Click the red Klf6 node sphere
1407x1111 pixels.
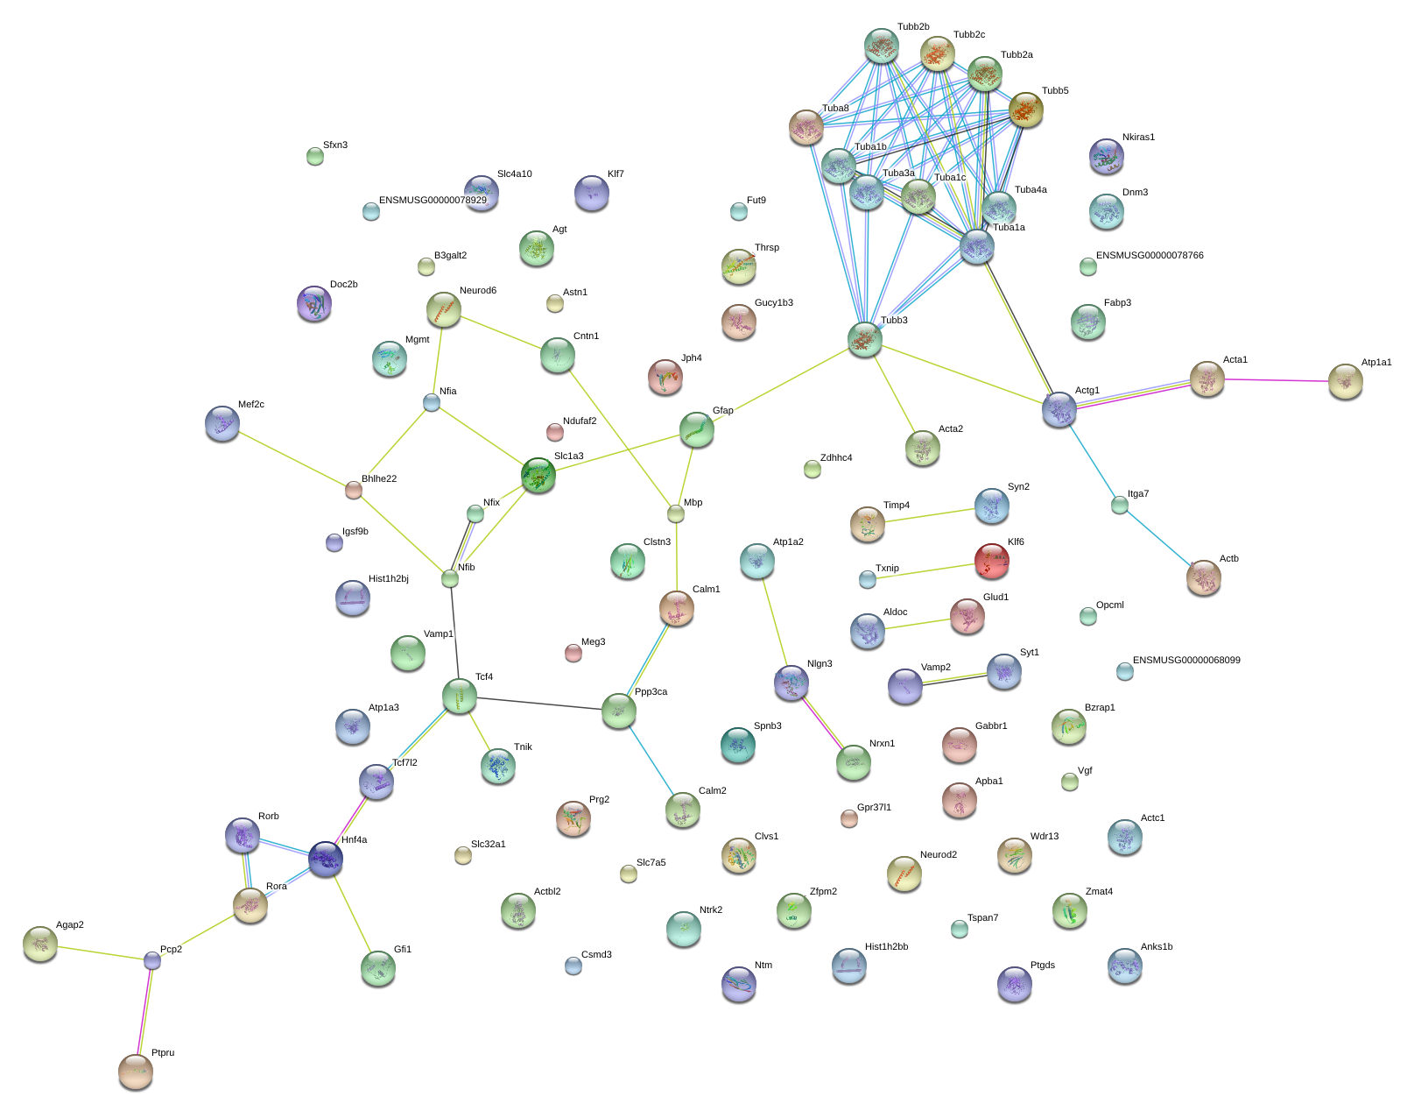[991, 561]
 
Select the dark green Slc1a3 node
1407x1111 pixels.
[538, 475]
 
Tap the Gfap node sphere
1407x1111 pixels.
[696, 429]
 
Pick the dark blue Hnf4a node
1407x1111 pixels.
[325, 859]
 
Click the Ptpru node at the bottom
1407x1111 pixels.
[136, 1072]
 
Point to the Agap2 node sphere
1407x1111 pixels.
[40, 944]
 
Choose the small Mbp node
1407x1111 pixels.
[675, 513]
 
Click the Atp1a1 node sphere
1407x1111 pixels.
[1345, 381]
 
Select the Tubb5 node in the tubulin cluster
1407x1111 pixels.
[1025, 110]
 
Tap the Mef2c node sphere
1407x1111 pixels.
[222, 423]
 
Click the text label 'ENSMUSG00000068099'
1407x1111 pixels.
[1186, 660]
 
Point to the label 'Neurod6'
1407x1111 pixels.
[477, 290]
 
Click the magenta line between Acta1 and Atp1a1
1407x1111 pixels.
[1276, 379]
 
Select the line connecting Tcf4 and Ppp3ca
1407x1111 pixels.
[538, 703]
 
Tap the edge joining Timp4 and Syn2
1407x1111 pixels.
[929, 515]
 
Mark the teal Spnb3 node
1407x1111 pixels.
[737, 745]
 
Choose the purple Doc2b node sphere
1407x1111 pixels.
[313, 303]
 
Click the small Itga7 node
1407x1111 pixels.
[1119, 505]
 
